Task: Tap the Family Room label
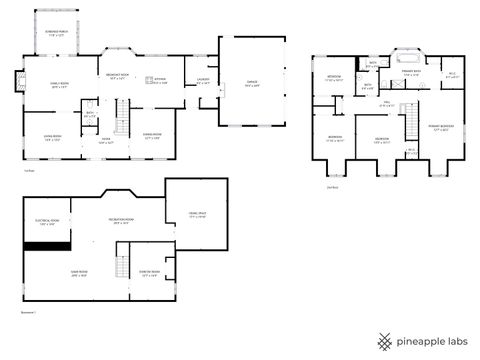pos(59,87)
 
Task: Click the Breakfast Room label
pos(116,76)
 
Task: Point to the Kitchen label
pos(160,81)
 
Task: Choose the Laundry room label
pos(203,82)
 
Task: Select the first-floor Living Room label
pos(53,138)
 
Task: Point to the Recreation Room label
pos(123,220)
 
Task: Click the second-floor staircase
pos(408,124)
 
